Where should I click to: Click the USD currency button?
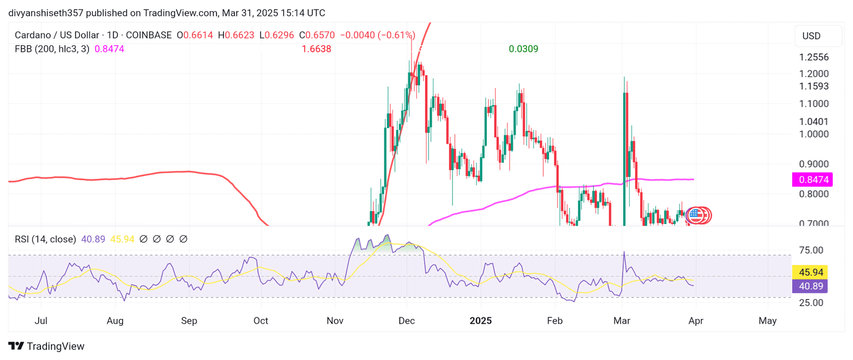tap(811, 36)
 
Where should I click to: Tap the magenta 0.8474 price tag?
tap(812, 180)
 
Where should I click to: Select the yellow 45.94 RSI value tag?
tap(810, 273)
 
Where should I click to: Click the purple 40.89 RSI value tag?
tap(810, 286)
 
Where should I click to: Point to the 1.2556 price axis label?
tap(814, 57)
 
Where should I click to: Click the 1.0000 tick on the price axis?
tap(814, 134)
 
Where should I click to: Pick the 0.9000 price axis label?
tap(814, 164)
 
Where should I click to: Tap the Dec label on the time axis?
tap(407, 321)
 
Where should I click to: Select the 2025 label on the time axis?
tap(480, 321)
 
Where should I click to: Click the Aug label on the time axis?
tap(115, 321)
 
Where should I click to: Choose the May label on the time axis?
tap(768, 321)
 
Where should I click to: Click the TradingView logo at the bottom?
tap(46, 346)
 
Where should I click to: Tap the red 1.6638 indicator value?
tap(316, 49)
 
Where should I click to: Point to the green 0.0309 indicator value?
tap(523, 49)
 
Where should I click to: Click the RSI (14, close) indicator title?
tap(45, 239)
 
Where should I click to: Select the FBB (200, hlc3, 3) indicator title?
tap(52, 49)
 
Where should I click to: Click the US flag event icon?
tap(695, 215)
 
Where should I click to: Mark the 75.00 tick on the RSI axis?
tap(810, 250)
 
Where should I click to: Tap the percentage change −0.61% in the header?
tap(396, 35)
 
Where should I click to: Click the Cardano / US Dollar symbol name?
tap(57, 35)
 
